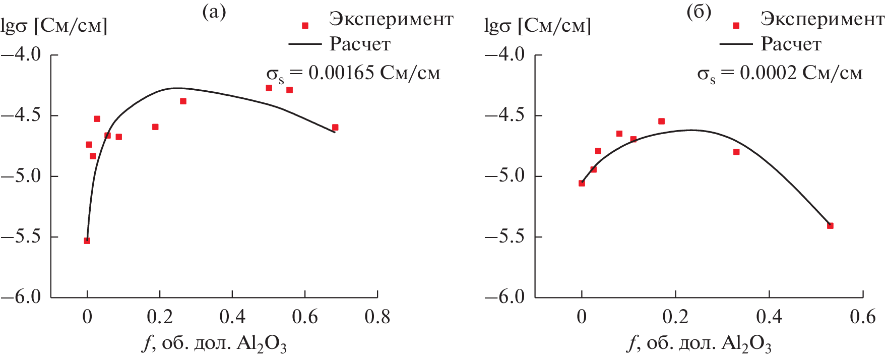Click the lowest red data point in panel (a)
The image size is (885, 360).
[87, 241]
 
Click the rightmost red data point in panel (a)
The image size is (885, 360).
[335, 128]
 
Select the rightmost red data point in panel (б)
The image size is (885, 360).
[830, 226]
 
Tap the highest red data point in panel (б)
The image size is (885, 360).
[661, 122]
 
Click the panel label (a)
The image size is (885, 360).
[214, 12]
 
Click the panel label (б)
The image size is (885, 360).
[699, 12]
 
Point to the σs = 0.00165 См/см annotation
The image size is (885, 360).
[353, 74]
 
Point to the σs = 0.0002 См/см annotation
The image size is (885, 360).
[780, 74]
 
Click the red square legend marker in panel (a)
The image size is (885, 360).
[305, 25]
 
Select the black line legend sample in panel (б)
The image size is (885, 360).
[736, 44]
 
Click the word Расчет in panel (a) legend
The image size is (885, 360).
[360, 44]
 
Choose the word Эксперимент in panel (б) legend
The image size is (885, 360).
[823, 19]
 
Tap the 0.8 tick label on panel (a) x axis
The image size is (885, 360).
[377, 317]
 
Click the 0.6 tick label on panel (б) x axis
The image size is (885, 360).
[863, 317]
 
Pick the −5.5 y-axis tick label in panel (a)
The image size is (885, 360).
[21, 236]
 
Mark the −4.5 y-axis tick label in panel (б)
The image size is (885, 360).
[505, 115]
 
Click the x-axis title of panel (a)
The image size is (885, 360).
[215, 344]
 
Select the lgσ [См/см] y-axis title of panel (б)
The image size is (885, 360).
[538, 26]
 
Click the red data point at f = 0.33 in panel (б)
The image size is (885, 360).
[736, 152]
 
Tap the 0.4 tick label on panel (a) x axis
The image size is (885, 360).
[232, 317]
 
